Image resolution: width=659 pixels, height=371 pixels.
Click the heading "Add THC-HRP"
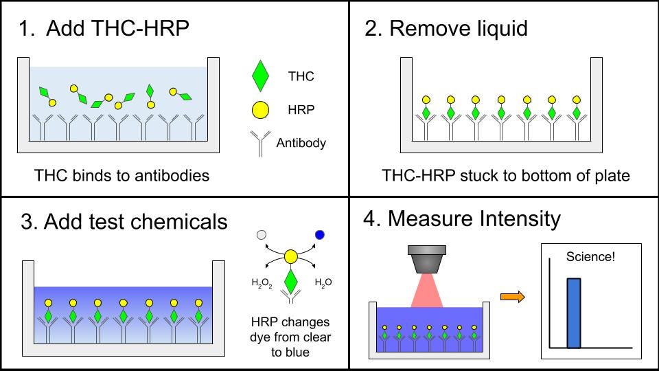click(117, 28)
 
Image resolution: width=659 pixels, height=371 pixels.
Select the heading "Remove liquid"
click(458, 28)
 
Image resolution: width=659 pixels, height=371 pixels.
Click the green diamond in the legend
click(260, 76)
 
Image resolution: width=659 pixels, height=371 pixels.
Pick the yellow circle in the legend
click(260, 109)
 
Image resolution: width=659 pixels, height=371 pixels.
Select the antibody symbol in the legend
click(260, 143)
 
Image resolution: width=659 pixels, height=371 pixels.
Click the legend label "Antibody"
click(301, 143)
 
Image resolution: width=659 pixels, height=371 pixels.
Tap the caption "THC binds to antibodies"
click(122, 175)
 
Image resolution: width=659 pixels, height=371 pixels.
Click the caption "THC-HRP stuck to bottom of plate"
click(506, 175)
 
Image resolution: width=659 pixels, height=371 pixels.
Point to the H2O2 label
click(262, 283)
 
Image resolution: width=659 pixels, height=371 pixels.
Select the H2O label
click(323, 282)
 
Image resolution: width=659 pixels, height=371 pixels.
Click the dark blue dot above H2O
click(320, 235)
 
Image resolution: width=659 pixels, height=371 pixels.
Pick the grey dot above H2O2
click(261, 235)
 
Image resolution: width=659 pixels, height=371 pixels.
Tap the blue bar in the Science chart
click(574, 313)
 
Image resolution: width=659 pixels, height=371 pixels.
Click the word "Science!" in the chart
click(590, 257)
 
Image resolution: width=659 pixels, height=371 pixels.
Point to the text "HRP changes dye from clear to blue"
click(290, 337)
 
